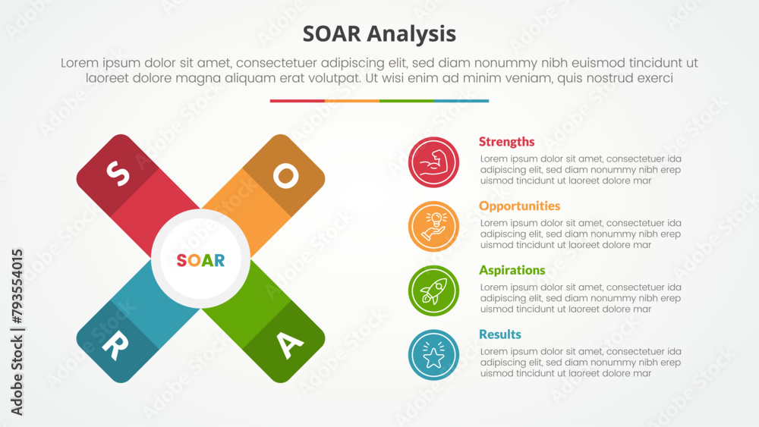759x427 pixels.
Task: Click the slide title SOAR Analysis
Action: click(379, 34)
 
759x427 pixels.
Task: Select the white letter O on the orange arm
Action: click(285, 175)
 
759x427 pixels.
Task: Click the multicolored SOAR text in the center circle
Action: click(200, 260)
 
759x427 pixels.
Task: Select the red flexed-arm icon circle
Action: click(433, 162)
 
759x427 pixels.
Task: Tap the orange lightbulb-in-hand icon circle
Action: click(433, 226)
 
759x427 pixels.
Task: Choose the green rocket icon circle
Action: click(433, 290)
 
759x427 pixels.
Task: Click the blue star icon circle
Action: click(433, 355)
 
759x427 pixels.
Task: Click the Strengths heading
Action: click(506, 142)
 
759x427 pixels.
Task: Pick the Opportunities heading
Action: click(519, 206)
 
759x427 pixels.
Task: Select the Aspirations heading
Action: click(512, 270)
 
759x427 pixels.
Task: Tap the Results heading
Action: click(499, 334)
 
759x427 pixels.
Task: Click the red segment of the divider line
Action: click(297, 101)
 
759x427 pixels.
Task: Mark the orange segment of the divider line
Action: click(351, 101)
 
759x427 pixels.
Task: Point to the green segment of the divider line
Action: click(406, 101)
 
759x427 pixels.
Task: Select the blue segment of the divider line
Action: click(461, 101)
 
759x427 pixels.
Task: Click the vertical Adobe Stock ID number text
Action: click(17, 331)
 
